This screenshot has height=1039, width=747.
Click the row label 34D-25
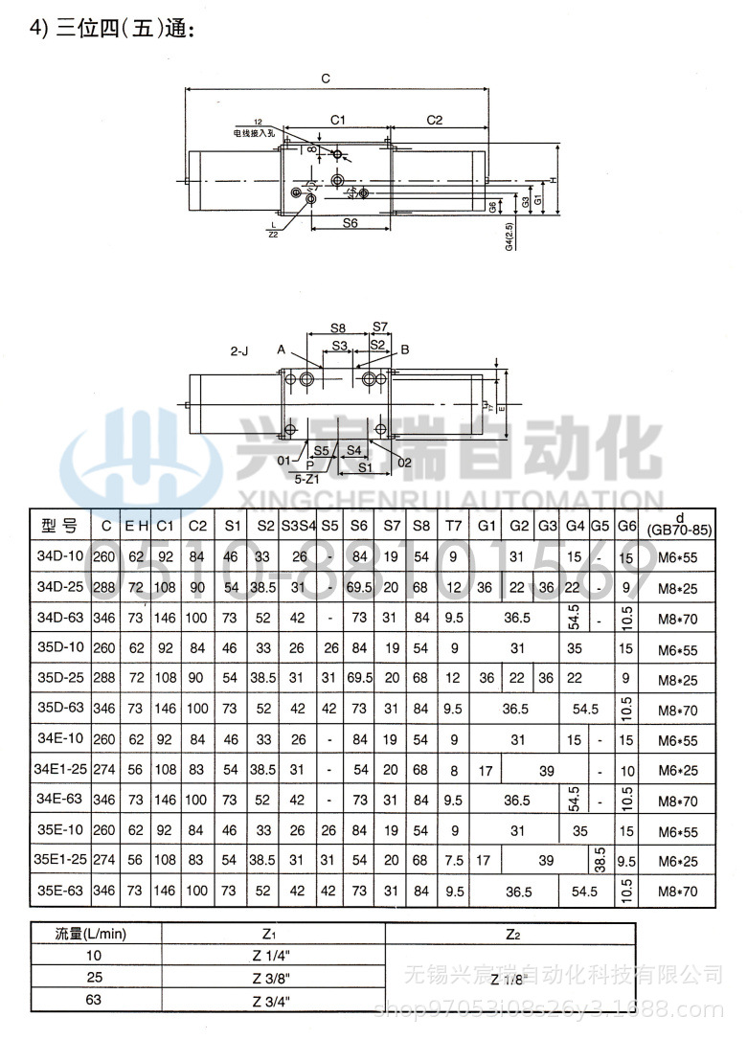point(60,587)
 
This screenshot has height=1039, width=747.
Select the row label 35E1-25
point(60,860)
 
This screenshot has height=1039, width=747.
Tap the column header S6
point(360,525)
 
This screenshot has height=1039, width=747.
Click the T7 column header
point(452,525)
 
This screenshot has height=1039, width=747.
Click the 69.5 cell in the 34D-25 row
point(360,587)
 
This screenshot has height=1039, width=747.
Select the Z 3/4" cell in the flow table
point(272,1002)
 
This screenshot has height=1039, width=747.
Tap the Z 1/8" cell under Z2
point(509,979)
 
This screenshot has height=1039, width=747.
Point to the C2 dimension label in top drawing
point(434,121)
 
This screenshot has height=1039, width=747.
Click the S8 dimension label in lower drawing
point(338,328)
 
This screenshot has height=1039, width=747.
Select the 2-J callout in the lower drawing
point(239,351)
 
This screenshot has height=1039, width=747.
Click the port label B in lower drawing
point(405,350)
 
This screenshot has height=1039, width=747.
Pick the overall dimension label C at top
point(326,79)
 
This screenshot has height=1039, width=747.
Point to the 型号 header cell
point(59,525)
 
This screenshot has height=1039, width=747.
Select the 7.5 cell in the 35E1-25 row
point(452,860)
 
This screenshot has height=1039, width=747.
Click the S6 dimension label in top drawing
point(349,222)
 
